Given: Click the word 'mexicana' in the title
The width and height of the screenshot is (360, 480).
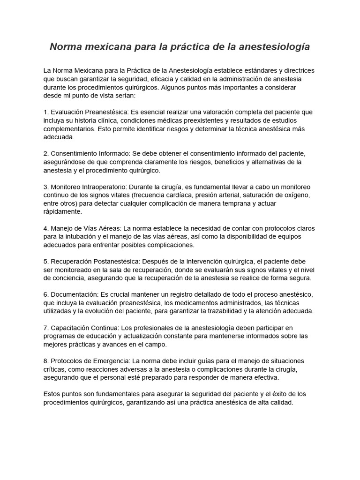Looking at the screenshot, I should pos(102,47).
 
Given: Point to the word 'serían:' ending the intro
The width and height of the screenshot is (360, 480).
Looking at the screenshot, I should pos(123,96).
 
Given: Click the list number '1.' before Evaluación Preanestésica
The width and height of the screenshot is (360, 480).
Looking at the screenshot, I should pos(46,112).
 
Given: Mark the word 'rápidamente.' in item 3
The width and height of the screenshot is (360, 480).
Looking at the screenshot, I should pos(62,212).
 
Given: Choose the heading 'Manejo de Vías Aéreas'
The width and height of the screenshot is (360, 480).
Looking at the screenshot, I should pos(85,228).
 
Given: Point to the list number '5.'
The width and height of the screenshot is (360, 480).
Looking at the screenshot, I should pos(46,261).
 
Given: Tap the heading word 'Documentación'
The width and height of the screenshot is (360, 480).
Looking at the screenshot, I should pos(74,294).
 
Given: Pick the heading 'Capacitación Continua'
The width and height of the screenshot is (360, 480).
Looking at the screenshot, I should pos(82,327).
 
